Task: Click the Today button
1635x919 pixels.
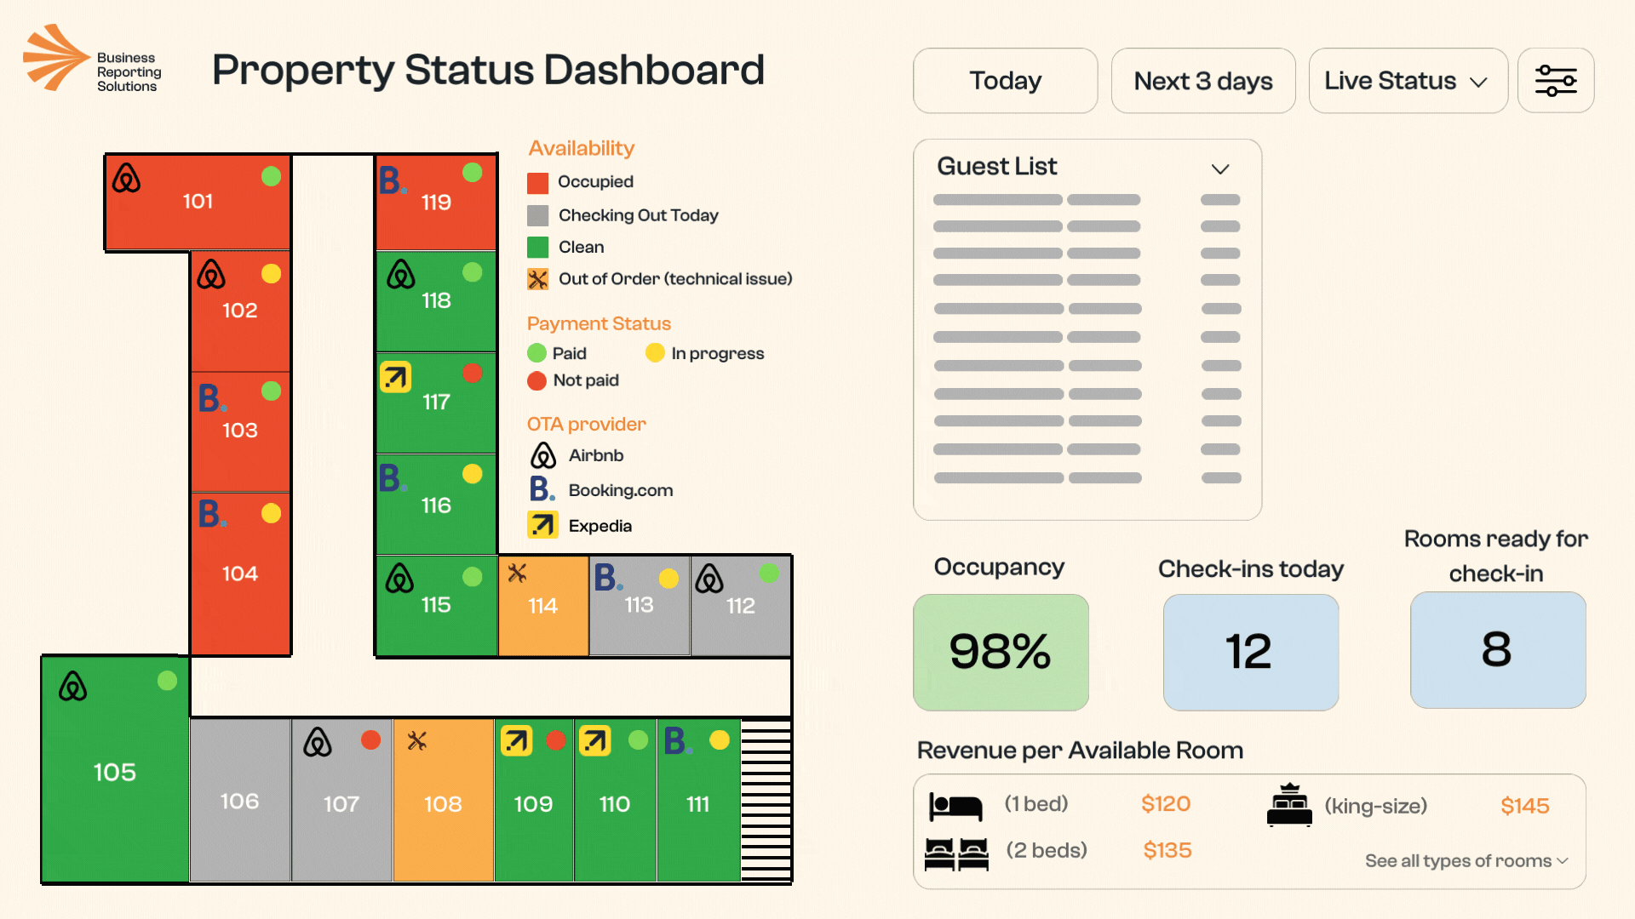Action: point(1005,81)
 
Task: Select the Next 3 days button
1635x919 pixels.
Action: point(1202,81)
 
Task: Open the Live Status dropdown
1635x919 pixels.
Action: point(1408,81)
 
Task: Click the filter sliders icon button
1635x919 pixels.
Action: point(1556,81)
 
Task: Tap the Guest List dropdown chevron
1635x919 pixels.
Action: point(1220,168)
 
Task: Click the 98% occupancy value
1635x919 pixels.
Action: point(1001,652)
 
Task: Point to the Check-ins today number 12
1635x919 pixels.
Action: point(1249,652)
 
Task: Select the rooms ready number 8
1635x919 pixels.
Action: point(1497,649)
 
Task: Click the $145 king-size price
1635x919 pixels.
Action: point(1524,806)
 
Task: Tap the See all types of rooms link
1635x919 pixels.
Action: point(1466,861)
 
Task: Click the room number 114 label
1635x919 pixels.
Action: point(542,606)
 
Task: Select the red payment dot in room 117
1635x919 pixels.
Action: point(473,374)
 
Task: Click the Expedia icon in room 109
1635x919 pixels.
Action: point(516,740)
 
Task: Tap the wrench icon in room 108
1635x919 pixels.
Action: point(416,740)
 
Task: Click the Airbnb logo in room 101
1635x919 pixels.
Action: point(126,178)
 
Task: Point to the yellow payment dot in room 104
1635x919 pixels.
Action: point(271,513)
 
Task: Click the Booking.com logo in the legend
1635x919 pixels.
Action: point(542,489)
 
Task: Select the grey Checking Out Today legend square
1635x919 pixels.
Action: point(537,215)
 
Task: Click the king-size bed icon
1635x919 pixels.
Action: point(1289,805)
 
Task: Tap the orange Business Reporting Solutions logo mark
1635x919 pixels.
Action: point(55,57)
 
